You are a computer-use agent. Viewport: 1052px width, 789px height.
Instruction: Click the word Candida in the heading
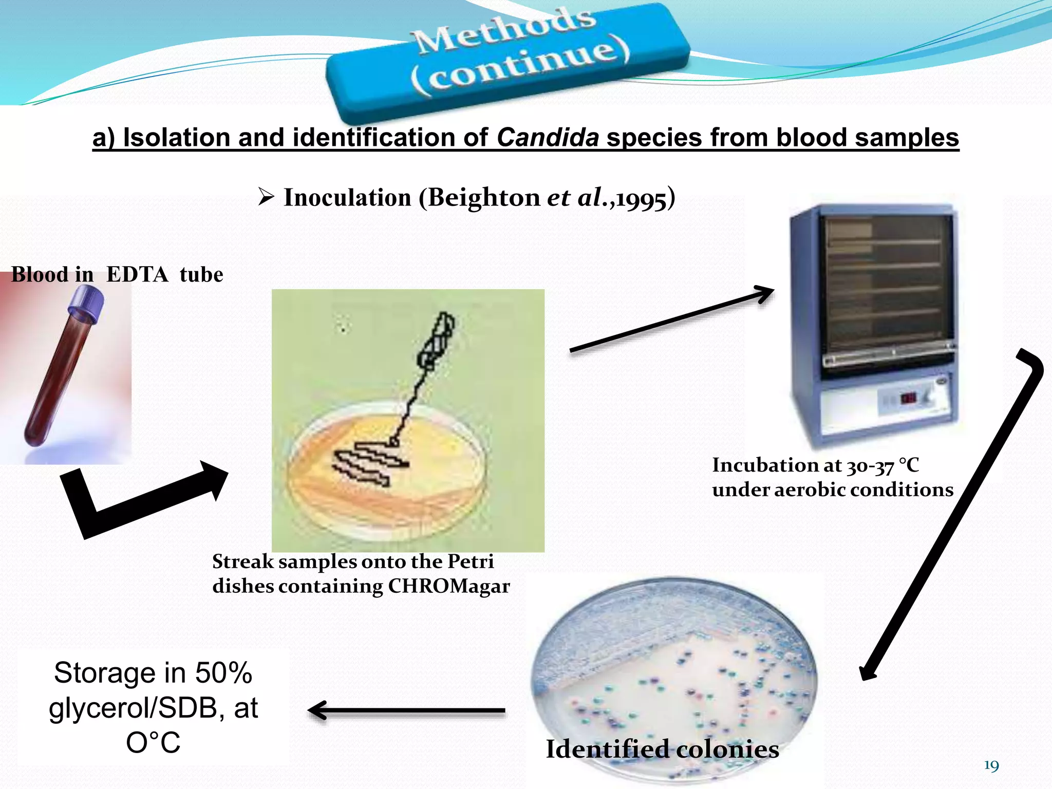tap(548, 138)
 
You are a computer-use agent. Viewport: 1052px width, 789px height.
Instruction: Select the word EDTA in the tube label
tap(137, 275)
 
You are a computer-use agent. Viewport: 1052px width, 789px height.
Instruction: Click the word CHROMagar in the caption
tap(448, 586)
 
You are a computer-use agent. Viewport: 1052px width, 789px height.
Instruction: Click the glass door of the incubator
tap(886, 288)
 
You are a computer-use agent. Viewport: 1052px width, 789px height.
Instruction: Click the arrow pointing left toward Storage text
tap(406, 711)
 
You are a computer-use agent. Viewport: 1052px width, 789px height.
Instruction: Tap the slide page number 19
tap(991, 766)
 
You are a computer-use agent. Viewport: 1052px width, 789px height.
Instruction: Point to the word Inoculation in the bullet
tap(347, 198)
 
